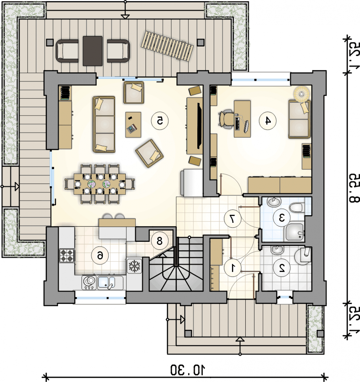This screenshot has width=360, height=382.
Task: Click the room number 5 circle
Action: pos(160,121)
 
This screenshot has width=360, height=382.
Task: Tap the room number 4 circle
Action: pos(268,121)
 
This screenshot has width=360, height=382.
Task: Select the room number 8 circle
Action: pos(159,241)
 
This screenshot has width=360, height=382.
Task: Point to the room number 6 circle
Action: pos(100,256)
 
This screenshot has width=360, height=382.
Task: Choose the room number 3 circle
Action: pos(281,218)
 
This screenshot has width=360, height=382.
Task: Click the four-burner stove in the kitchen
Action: pos(67,255)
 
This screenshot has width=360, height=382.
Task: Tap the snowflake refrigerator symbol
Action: pos(134,266)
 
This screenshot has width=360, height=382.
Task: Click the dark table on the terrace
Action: pos(93,51)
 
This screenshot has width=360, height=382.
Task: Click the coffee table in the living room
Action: pos(133,125)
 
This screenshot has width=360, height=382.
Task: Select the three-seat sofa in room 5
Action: pos(104,124)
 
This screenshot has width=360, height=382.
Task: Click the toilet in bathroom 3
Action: pos(297,208)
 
